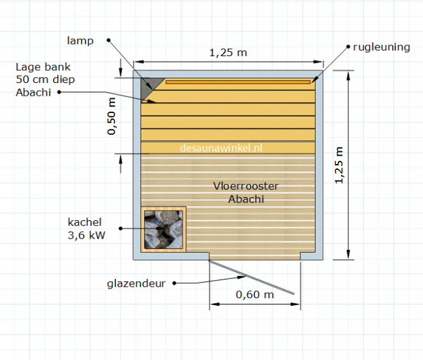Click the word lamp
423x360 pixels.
click(80, 41)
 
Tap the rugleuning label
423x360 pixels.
click(381, 47)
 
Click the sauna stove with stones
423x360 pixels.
click(164, 229)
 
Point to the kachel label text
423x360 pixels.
click(85, 222)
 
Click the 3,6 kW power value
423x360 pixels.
click(86, 236)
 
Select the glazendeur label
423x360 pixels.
click(136, 283)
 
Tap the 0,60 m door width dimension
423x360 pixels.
click(255, 294)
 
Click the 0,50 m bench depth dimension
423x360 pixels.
click(111, 116)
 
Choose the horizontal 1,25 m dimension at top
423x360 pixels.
click(228, 52)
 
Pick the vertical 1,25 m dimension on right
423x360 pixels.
click(339, 165)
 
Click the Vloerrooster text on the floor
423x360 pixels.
click(246, 186)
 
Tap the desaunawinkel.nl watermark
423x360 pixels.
click(221, 148)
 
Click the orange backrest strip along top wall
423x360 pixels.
click(238, 82)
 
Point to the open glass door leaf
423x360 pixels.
click(251, 277)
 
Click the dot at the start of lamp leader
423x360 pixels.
click(109, 40)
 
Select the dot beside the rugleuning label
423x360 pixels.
click(348, 47)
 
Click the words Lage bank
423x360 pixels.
click(43, 67)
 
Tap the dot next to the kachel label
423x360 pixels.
click(121, 229)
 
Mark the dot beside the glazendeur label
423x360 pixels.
click(174, 283)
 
